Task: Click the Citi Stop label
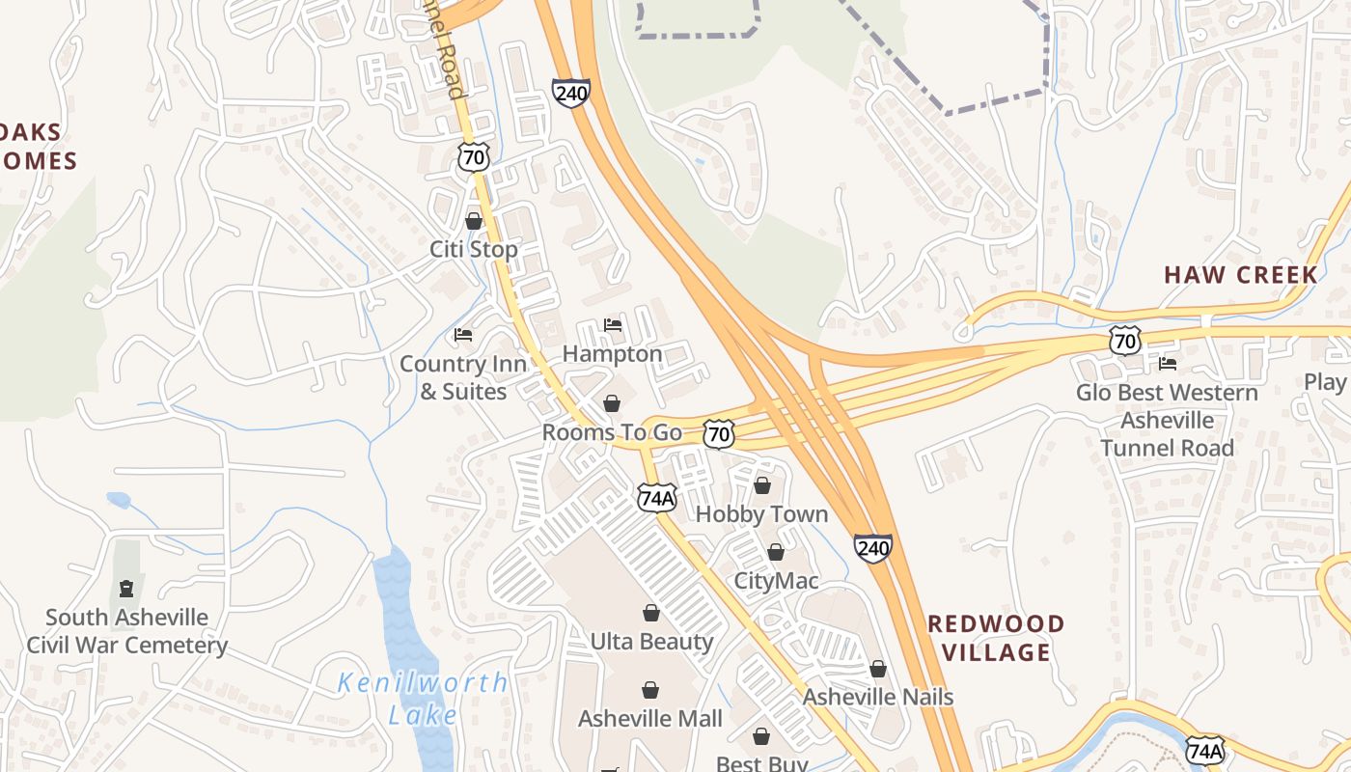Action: tap(473, 249)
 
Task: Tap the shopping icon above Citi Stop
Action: tap(474, 221)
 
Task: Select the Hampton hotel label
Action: tap(612, 354)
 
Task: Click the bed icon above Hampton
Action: tap(613, 325)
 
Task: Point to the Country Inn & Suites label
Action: tap(463, 377)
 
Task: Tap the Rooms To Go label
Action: tap(612, 432)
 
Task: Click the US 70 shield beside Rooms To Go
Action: tap(718, 433)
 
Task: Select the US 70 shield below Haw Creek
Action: tap(1124, 340)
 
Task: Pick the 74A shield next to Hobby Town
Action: tap(656, 498)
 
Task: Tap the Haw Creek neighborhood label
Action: tap(1240, 275)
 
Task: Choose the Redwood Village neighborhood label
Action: tap(996, 638)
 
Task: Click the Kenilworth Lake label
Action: tap(423, 699)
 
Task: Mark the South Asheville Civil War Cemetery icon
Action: tap(126, 588)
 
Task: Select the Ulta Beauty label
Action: tap(651, 642)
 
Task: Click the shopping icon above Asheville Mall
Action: tap(650, 690)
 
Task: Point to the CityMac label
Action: tap(776, 581)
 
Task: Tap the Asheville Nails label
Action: tap(878, 697)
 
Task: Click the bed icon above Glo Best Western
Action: tap(1168, 364)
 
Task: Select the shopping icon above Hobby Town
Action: tap(762, 485)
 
